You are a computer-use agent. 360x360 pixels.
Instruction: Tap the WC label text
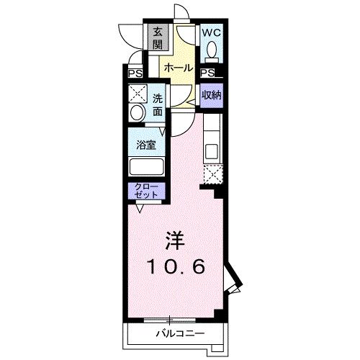click(211, 33)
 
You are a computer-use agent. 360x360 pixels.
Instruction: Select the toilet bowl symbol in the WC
click(212, 50)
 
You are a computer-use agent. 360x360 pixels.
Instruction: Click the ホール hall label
click(177, 68)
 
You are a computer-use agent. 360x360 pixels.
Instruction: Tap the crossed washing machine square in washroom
click(137, 94)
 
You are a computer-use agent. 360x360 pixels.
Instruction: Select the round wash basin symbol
click(136, 114)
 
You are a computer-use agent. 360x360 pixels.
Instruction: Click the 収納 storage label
click(211, 95)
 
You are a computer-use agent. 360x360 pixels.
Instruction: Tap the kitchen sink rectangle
click(212, 152)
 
